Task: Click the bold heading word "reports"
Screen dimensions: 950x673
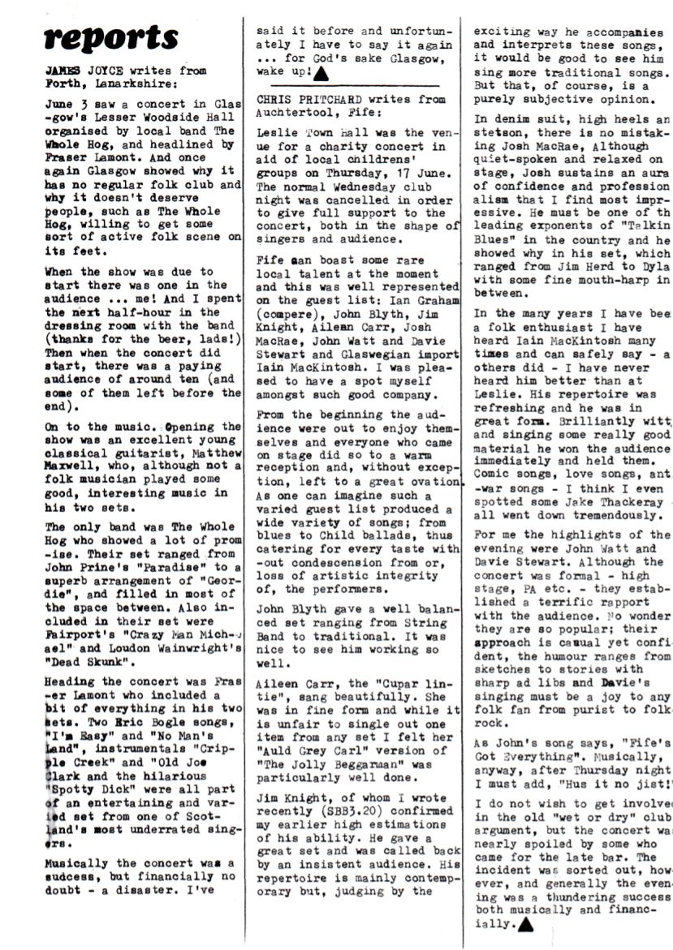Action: click(x=110, y=37)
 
